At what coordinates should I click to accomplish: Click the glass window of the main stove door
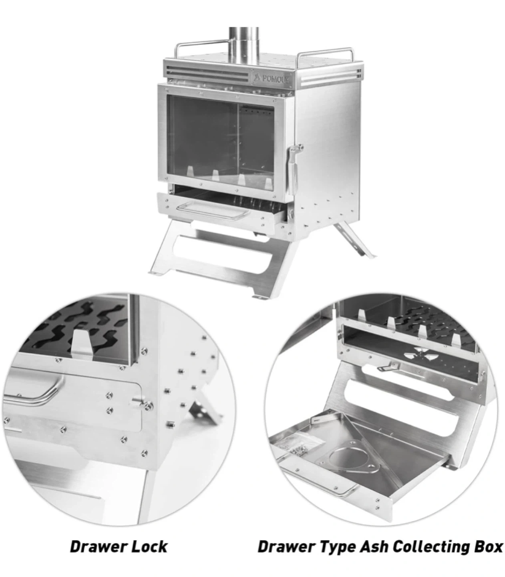221,143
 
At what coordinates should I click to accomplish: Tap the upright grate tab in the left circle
82,343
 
